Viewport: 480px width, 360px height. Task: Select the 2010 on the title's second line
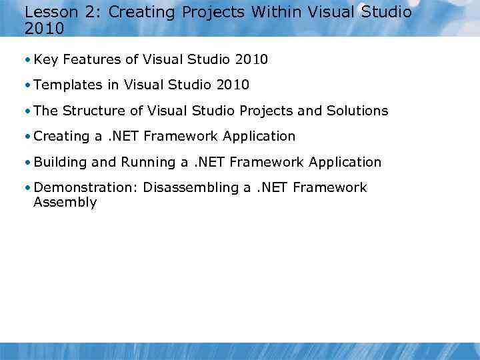point(44,29)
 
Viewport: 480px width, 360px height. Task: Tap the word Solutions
point(357,111)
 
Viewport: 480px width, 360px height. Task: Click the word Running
point(148,162)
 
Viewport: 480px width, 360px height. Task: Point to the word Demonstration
point(85,188)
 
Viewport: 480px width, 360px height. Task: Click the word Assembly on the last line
point(65,203)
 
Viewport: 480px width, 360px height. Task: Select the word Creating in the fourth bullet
point(61,137)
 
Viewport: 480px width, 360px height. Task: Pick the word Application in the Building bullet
point(345,162)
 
